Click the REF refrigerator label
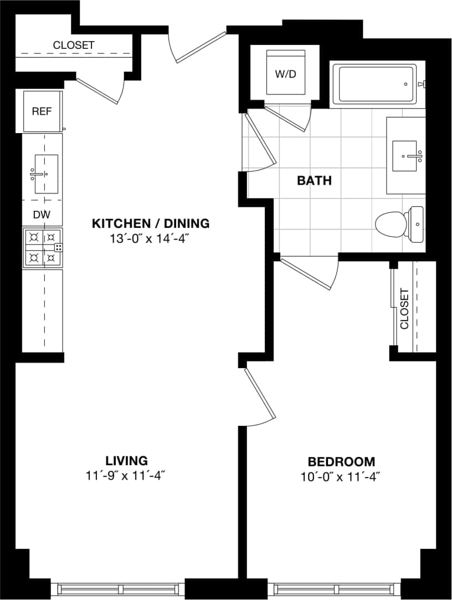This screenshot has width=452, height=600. pyautogui.click(x=42, y=111)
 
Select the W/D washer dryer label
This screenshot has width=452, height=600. pyautogui.click(x=286, y=74)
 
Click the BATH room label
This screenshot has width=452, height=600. pyautogui.click(x=314, y=180)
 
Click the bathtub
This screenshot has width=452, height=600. pyautogui.click(x=374, y=84)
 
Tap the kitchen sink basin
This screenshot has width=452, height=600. pyautogui.click(x=45, y=174)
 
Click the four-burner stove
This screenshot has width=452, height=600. pyautogui.click(x=42, y=248)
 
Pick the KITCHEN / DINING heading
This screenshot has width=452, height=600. pyautogui.click(x=151, y=223)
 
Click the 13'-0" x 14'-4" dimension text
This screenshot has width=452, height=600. pyautogui.click(x=151, y=239)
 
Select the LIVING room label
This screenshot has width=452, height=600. pyautogui.click(x=127, y=460)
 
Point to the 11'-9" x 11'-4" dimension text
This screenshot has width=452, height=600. pyautogui.click(x=127, y=475)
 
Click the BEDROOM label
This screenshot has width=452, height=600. pyautogui.click(x=341, y=461)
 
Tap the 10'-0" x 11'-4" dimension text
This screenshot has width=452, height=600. pyautogui.click(x=341, y=476)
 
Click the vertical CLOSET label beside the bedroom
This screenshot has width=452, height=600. pyautogui.click(x=404, y=309)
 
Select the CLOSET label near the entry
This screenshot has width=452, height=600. pyautogui.click(x=74, y=45)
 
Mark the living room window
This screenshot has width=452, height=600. pyautogui.click(x=121, y=588)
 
